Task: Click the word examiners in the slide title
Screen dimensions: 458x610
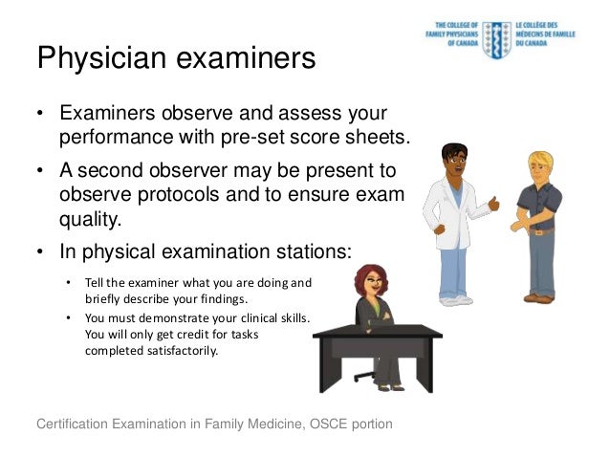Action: pyautogui.click(x=241, y=59)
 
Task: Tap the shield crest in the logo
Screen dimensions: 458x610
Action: pyautogui.click(x=495, y=38)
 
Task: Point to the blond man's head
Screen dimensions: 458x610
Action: pyautogui.click(x=540, y=164)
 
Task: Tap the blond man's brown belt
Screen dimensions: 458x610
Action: pyautogui.click(x=542, y=230)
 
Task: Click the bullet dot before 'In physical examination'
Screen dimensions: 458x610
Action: pyautogui.click(x=41, y=252)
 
